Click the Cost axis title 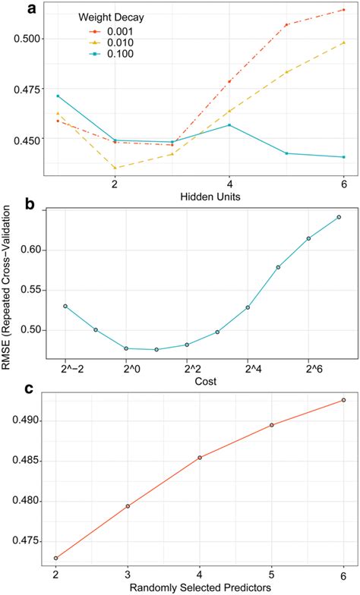[201, 382]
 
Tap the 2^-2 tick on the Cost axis [65, 370]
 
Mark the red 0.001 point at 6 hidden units [344, 10]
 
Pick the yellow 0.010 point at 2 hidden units [115, 168]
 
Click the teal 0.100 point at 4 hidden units [229, 125]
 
